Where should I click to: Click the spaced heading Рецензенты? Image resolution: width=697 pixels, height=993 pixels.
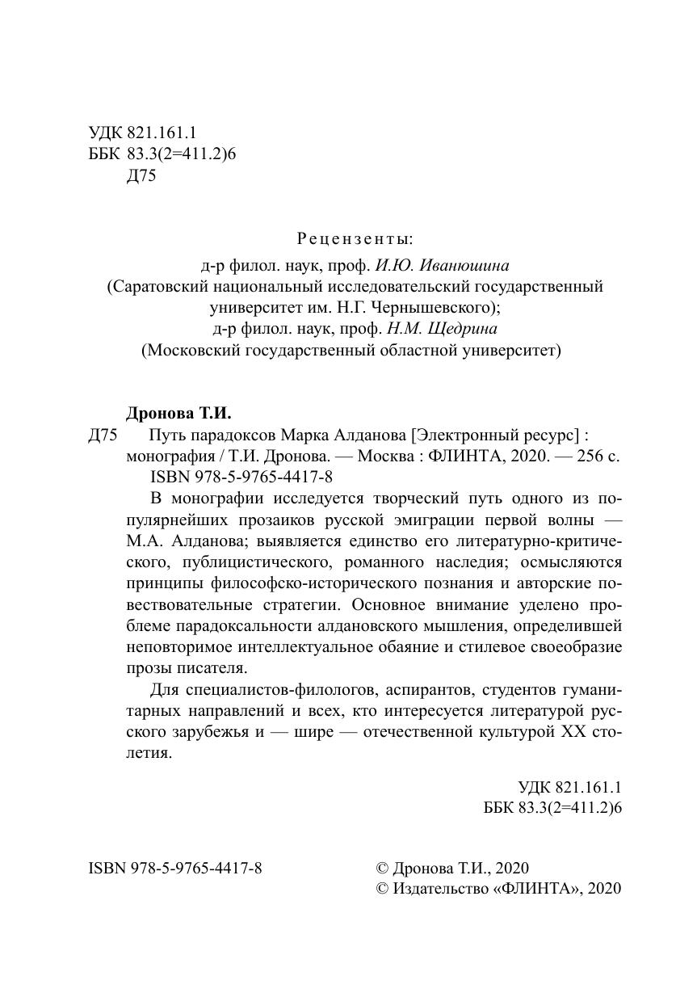tap(355, 239)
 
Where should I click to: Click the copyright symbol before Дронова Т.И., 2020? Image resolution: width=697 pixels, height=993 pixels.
tap(383, 869)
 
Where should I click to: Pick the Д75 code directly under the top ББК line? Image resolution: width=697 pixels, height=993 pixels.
tap(141, 176)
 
